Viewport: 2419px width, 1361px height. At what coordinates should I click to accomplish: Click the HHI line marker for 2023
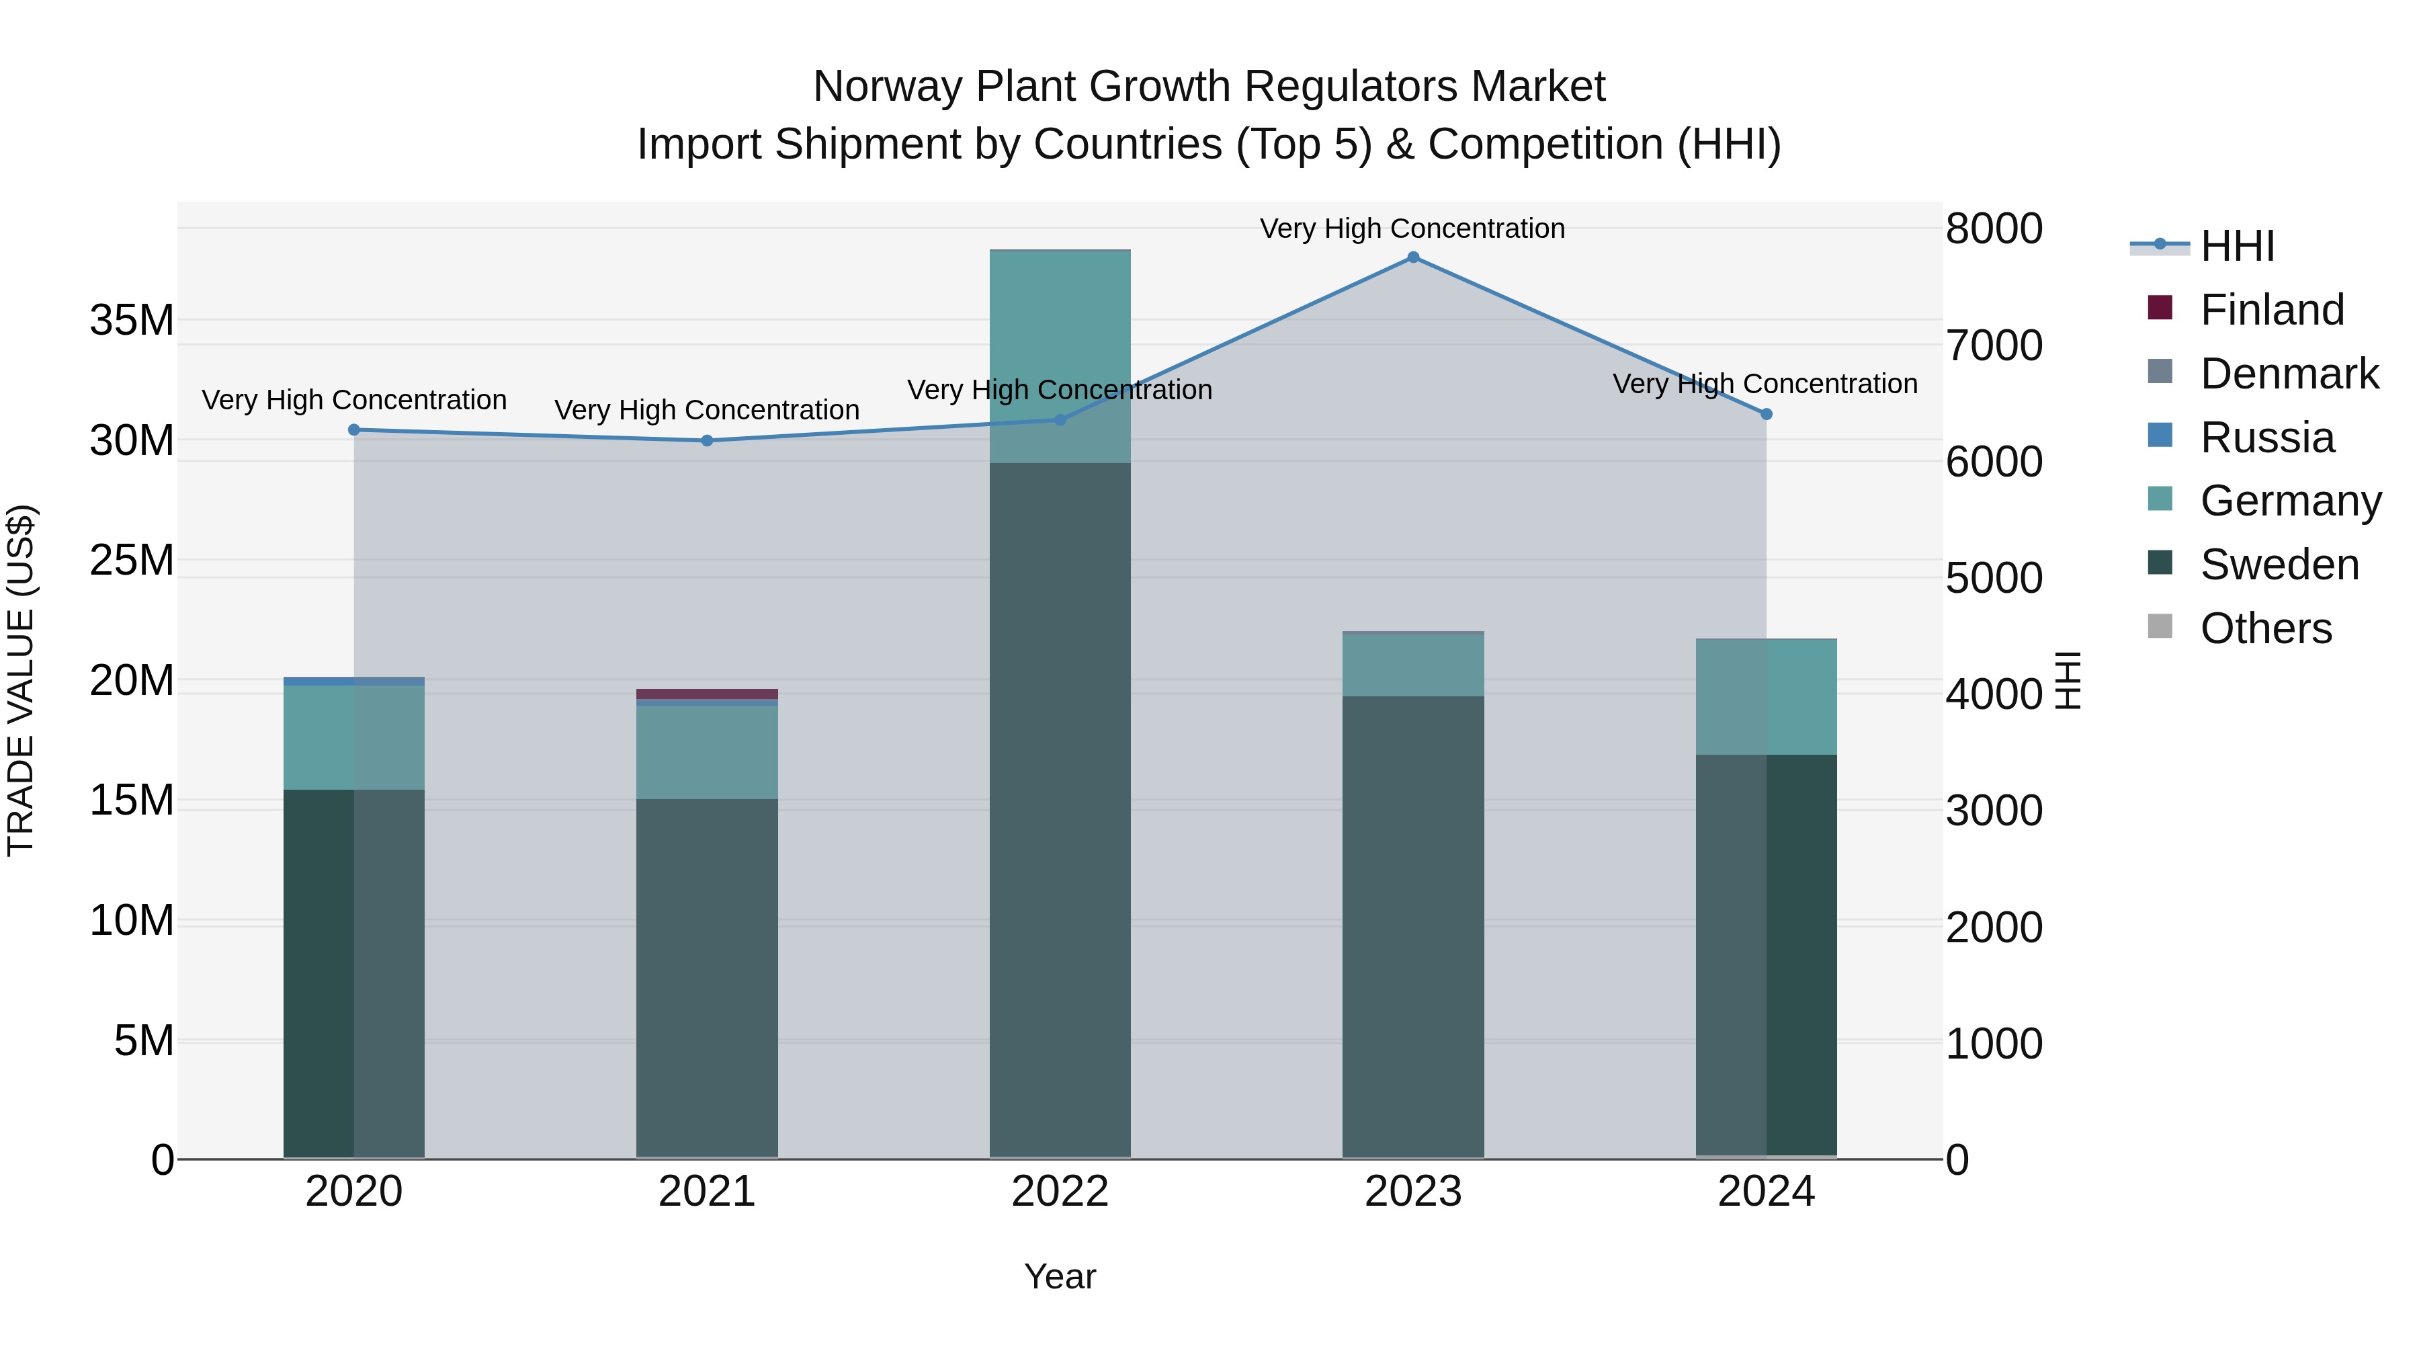coord(1412,257)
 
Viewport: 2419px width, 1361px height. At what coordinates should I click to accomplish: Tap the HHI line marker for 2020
coord(354,430)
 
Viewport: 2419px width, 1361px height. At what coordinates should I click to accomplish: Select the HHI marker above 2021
coord(707,440)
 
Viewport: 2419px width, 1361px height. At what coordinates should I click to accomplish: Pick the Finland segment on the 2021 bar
coord(707,694)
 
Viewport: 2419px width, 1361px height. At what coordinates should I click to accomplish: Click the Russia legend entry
coord(2266,438)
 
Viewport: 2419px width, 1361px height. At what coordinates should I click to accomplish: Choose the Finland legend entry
coord(2271,310)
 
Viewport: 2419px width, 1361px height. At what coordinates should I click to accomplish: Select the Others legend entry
coord(2265,628)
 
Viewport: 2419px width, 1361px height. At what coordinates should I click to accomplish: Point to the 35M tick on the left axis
coord(132,321)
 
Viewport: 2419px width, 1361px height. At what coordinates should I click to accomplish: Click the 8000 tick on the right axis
coord(1994,229)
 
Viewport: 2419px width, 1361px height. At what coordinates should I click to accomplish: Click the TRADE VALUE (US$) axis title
coord(21,680)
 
